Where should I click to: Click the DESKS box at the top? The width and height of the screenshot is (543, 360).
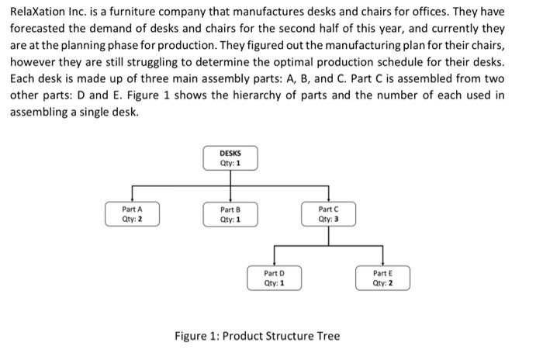click(230, 159)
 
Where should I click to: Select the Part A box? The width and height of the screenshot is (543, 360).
click(131, 213)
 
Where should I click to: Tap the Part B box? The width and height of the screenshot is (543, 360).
click(230, 213)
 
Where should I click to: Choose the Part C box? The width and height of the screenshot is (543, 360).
click(328, 213)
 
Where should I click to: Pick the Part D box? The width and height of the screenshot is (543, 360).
click(274, 278)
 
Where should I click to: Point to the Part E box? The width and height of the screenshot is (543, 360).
click(382, 278)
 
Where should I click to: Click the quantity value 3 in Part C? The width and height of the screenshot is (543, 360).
click(337, 219)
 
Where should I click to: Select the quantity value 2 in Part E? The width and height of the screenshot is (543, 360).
click(390, 283)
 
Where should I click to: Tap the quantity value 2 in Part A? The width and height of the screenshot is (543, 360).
click(140, 219)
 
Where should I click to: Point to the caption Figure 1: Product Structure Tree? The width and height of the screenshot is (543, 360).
click(257, 336)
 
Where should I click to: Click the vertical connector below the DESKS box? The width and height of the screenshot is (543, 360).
click(230, 178)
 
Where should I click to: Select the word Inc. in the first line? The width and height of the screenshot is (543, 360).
click(82, 12)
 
